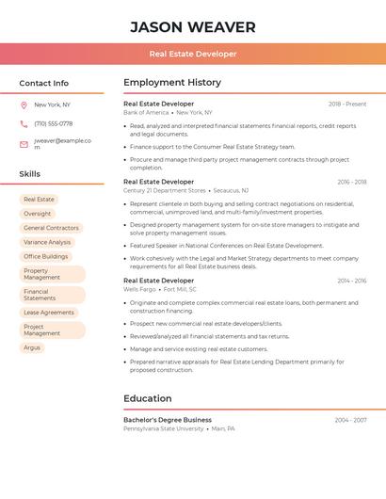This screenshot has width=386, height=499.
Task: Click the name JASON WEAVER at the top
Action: tap(192, 26)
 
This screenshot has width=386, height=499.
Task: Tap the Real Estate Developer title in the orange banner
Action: tap(192, 54)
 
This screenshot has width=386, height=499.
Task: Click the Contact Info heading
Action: tap(43, 83)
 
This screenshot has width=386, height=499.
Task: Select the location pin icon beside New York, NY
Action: tap(24, 105)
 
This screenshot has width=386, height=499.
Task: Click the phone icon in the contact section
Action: tap(24, 123)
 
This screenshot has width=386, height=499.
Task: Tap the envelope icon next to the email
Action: tap(24, 144)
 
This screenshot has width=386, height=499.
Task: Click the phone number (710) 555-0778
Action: tap(53, 123)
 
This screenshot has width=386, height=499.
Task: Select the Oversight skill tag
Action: tap(38, 214)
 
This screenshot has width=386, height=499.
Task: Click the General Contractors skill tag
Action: tap(51, 228)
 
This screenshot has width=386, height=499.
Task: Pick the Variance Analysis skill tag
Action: tap(47, 242)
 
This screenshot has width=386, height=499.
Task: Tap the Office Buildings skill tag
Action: tap(45, 256)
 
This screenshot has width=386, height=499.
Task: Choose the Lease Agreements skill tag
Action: tap(48, 313)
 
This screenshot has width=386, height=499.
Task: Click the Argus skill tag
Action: tap(32, 347)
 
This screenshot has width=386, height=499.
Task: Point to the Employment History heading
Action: tap(171, 83)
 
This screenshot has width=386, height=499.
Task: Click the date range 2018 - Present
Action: tap(347, 104)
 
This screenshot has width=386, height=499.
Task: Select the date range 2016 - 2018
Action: tap(351, 182)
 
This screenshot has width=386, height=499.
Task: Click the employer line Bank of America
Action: tap(146, 112)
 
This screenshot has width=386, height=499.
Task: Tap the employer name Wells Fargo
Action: tap(139, 289)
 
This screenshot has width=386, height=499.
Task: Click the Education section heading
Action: tap(147, 398)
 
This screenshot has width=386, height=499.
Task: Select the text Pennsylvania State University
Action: tap(163, 428)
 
